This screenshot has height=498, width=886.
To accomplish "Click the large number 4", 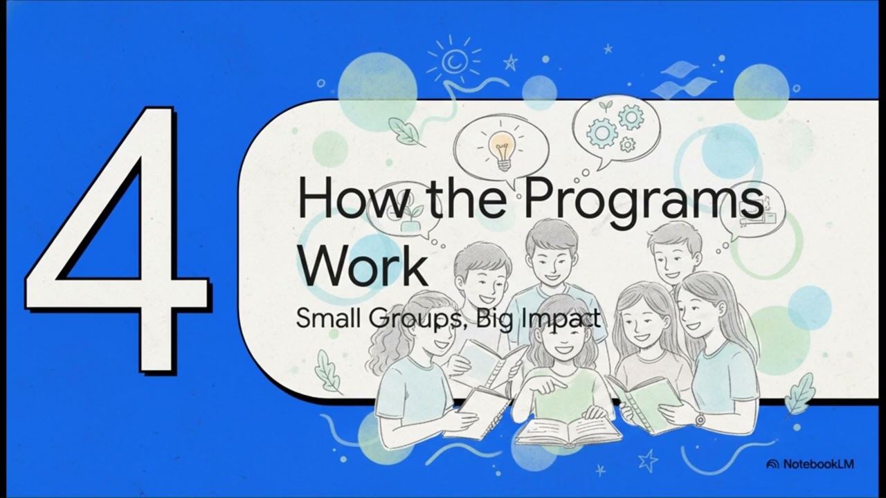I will [118, 242].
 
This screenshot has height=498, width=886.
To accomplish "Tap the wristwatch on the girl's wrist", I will [700, 420].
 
